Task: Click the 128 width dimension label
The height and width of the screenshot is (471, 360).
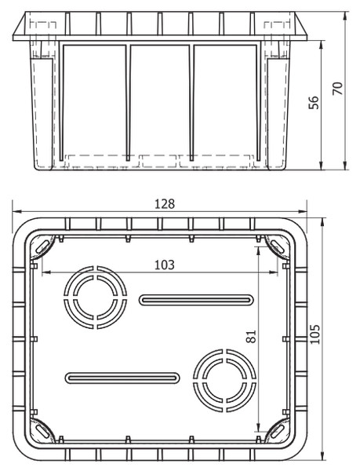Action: click(165, 204)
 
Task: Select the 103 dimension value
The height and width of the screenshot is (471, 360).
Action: click(165, 265)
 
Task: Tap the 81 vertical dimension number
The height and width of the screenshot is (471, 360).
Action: click(252, 337)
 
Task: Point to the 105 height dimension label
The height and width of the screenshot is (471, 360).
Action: click(315, 334)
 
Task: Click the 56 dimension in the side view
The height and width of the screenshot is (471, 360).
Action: click(314, 103)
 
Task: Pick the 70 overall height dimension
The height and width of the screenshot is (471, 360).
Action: click(338, 89)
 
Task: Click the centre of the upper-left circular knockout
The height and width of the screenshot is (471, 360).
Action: click(96, 297)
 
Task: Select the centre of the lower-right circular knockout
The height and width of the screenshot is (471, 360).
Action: click(224, 380)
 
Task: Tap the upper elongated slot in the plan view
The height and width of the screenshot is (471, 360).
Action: click(196, 300)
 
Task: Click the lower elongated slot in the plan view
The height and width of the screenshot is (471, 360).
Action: click(122, 378)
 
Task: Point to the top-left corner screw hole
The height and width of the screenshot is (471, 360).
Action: click(43, 246)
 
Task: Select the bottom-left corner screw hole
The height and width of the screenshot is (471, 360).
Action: click(43, 431)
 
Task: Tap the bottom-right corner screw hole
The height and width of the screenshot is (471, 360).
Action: click(277, 431)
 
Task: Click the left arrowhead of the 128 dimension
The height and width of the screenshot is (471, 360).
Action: click(16, 212)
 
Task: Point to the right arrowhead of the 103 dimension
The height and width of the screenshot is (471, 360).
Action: click(274, 272)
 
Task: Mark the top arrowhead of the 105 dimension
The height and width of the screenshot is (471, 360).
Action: click(322, 222)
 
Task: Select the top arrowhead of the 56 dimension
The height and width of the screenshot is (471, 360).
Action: click(322, 45)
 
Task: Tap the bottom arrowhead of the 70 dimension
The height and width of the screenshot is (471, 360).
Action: click(346, 166)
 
